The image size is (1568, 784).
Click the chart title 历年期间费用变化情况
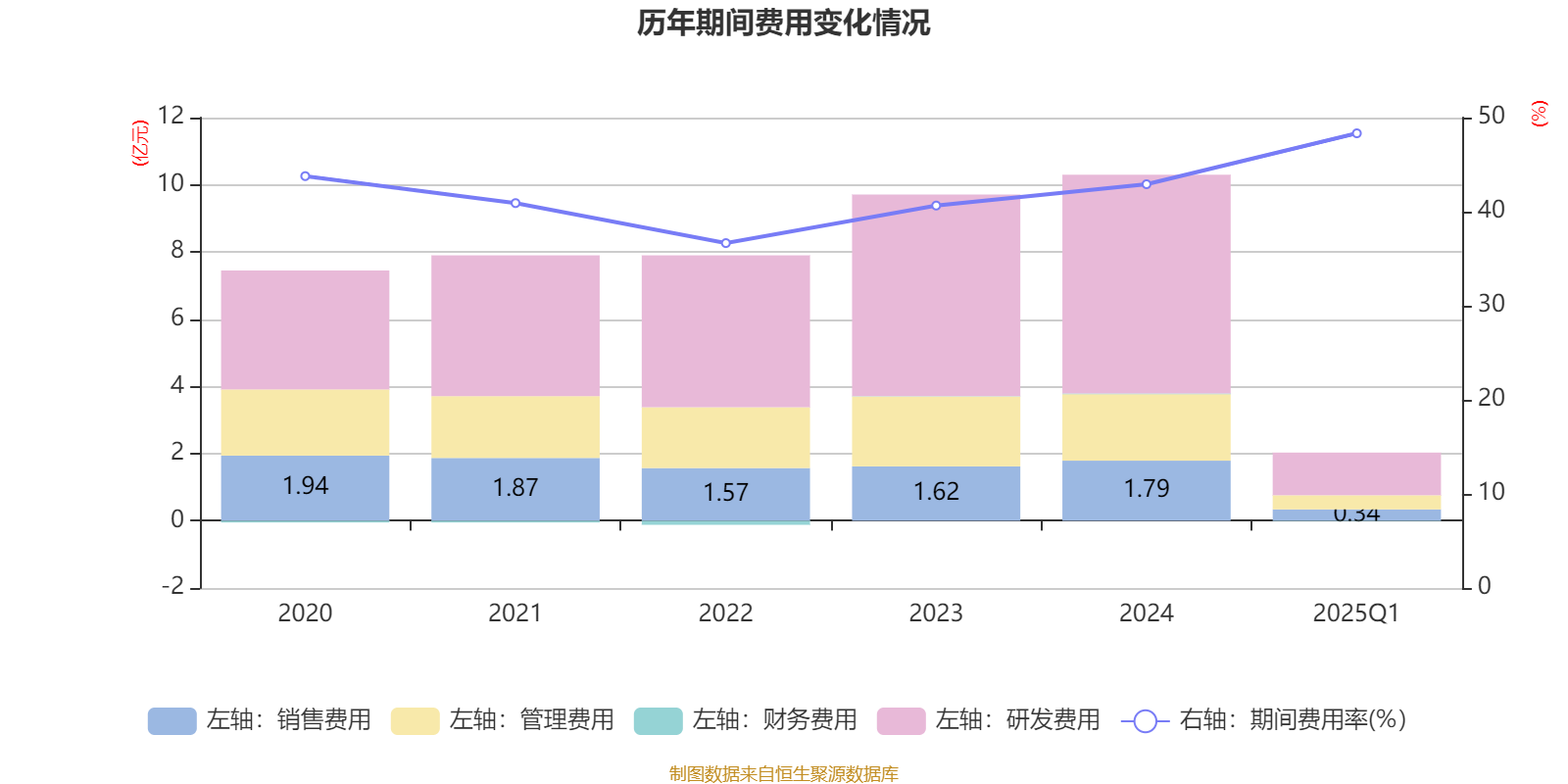pyautogui.click(x=783, y=24)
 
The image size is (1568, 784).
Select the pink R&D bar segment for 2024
pyautogui.click(x=1146, y=284)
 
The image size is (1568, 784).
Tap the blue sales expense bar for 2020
pyautogui.click(x=305, y=487)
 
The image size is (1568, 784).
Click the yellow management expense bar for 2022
pyautogui.click(x=725, y=437)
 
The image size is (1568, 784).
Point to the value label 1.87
pyautogui.click(x=515, y=487)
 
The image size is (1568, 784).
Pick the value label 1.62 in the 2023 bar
pyautogui.click(x=936, y=491)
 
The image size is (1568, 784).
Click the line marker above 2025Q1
pyautogui.click(x=1356, y=133)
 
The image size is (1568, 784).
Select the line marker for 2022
pyautogui.click(x=725, y=243)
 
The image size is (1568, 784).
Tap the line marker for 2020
pyautogui.click(x=305, y=176)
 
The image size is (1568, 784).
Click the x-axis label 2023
pyautogui.click(x=936, y=613)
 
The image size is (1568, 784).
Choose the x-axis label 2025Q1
pyautogui.click(x=1356, y=613)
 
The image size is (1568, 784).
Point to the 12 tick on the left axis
pyautogui.click(x=171, y=116)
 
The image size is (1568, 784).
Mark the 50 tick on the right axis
pyautogui.click(x=1491, y=116)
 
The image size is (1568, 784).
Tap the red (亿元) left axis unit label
pyautogui.click(x=140, y=143)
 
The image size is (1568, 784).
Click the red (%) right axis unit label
pyautogui.click(x=1539, y=114)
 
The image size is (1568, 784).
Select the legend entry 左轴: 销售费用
pyautogui.click(x=260, y=720)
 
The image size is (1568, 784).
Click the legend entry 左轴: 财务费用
pyautogui.click(x=745, y=720)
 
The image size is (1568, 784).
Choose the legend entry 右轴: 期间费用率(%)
pyautogui.click(x=1264, y=720)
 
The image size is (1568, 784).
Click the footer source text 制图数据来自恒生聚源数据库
pyautogui.click(x=783, y=774)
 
